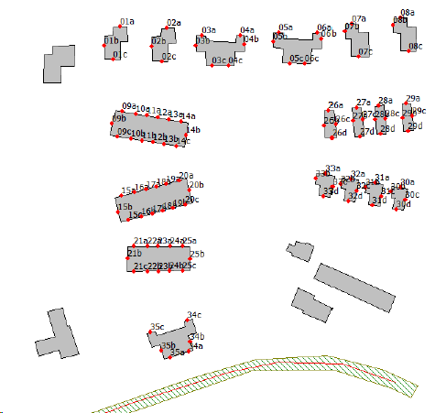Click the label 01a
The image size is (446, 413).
click(x=127, y=20)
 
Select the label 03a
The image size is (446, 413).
click(x=209, y=30)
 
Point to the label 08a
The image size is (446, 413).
click(x=407, y=13)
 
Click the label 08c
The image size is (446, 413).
click(x=416, y=47)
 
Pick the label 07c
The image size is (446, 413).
click(x=365, y=52)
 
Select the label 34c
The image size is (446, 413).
click(x=194, y=315)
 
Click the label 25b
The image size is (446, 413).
click(x=197, y=254)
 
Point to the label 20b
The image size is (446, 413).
click(x=196, y=185)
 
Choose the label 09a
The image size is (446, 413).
click(x=129, y=106)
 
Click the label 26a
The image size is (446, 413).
click(x=336, y=105)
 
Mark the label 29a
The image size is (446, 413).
click(x=412, y=98)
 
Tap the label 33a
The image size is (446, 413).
click(x=332, y=169)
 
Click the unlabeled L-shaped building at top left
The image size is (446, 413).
click(x=59, y=64)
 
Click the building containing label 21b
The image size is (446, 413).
click(x=158, y=258)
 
